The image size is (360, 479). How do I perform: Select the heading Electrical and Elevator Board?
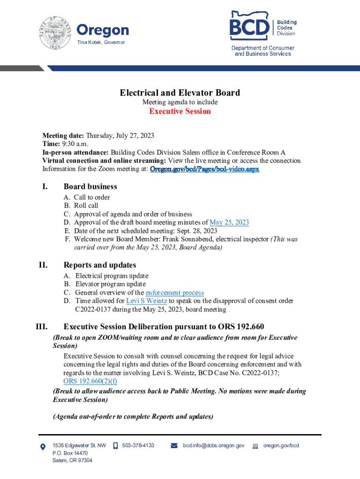pos(180,93)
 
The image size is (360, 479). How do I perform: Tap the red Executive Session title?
pos(180,111)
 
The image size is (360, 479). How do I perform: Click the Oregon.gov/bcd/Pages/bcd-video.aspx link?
pos(204,169)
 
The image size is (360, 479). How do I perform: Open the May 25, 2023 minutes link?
pos(229,222)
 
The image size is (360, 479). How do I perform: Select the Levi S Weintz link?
pos(147,301)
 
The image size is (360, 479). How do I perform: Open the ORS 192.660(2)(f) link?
pos(90,381)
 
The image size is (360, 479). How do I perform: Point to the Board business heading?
pos(90,187)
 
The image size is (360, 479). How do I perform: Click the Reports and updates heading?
pos(100,265)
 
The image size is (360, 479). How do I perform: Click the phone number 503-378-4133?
pos(138,446)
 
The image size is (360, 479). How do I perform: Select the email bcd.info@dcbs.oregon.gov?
pos(213,446)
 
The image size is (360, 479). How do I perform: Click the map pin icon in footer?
pos(43,446)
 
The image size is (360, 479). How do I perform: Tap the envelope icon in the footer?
pos(174,446)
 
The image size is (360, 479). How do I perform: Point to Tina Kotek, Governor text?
pos(101,43)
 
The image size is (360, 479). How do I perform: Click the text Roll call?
pos(86,205)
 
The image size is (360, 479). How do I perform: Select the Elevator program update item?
pos(110,284)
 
